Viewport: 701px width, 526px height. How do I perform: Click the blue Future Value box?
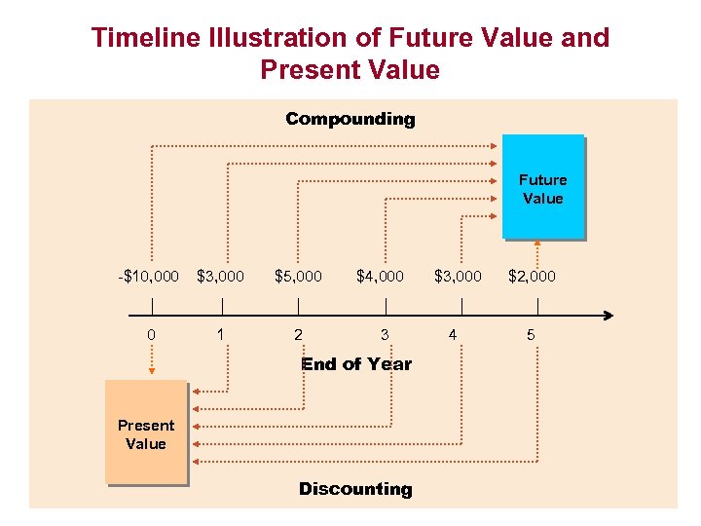tap(542, 187)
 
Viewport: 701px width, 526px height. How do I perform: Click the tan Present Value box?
tap(145, 432)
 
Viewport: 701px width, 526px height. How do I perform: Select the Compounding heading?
tap(350, 119)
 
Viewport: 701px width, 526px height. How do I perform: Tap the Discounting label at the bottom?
tap(355, 489)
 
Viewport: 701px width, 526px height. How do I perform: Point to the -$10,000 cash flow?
tap(148, 277)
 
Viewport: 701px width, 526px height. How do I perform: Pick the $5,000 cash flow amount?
tap(298, 277)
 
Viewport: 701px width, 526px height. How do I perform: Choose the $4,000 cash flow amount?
tap(380, 277)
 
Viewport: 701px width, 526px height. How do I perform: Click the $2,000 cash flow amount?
tap(532, 277)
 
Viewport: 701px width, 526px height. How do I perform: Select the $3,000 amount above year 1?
tap(221, 277)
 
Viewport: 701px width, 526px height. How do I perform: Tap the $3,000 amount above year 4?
tap(458, 277)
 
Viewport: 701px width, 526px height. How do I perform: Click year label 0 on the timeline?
tap(151, 335)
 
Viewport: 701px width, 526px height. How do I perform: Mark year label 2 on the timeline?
tap(298, 335)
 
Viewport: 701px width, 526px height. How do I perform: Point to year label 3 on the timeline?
tap(385, 335)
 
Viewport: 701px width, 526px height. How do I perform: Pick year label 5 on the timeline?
tap(531, 335)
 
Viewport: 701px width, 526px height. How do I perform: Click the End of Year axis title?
tap(356, 364)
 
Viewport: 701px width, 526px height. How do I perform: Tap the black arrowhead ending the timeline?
tap(608, 315)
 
